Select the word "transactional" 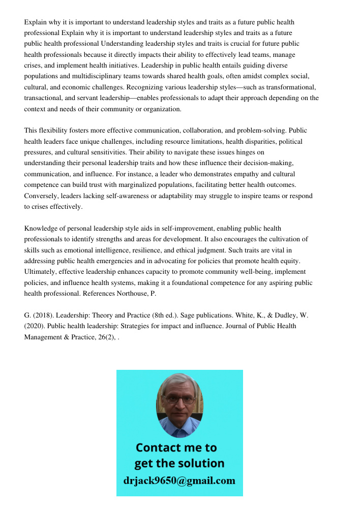pos(44,98)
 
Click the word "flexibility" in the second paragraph pos(54,131)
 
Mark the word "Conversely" pos(42,196)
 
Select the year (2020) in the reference pos(34,326)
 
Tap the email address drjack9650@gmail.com pos(179,481)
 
